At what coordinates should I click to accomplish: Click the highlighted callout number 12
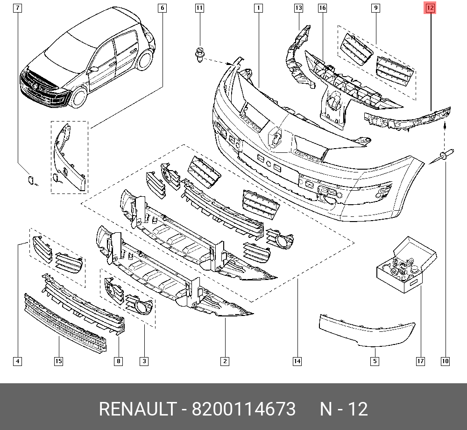(x=430, y=8)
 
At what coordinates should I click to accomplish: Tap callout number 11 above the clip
(x=199, y=8)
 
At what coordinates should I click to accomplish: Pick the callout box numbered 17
(x=420, y=361)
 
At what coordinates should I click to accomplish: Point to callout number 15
(x=58, y=361)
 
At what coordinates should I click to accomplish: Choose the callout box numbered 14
(x=297, y=361)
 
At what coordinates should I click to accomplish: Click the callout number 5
(x=375, y=361)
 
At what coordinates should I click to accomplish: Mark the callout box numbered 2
(x=225, y=361)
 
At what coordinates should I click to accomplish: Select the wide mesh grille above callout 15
(x=65, y=322)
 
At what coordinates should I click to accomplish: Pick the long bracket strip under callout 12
(x=409, y=118)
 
